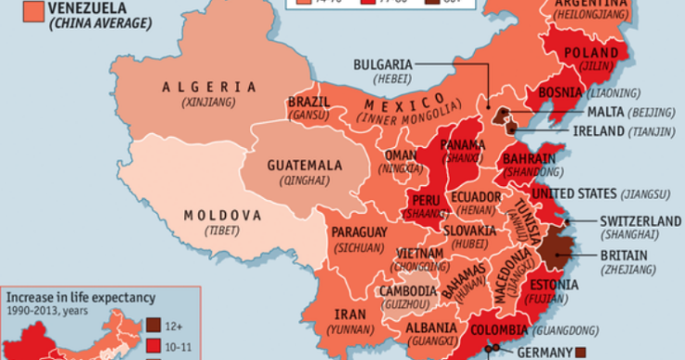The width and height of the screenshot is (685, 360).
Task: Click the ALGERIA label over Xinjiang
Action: coord(208,87)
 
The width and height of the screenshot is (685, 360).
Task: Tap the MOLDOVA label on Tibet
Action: coord(221,216)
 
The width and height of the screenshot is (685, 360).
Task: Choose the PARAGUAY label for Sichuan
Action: coord(355,231)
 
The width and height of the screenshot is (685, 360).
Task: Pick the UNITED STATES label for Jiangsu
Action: coord(604,192)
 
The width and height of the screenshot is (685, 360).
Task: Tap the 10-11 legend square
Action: coord(155,345)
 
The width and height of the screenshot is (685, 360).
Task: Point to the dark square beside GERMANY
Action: coord(580,351)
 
